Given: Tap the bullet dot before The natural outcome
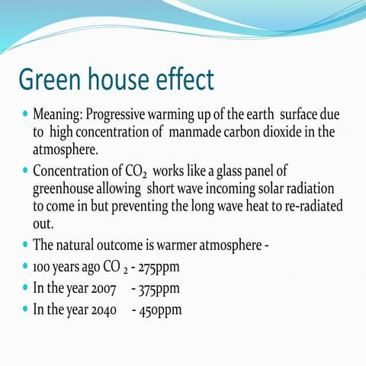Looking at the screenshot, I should (24, 246).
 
